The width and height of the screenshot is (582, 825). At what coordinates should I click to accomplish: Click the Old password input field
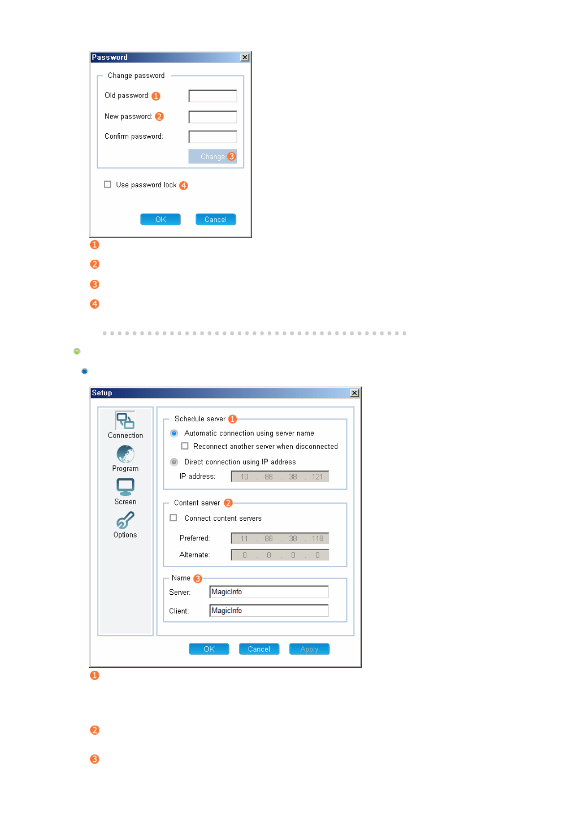coord(212,96)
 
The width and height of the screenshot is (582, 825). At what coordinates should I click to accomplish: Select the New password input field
coord(212,117)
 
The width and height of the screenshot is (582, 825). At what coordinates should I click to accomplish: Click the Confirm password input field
coord(212,137)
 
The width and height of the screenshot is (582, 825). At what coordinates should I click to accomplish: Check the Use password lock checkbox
coord(108,184)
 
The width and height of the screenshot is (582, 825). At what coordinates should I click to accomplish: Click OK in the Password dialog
coord(161,219)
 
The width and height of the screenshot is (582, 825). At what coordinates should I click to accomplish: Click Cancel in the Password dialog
coord(215,219)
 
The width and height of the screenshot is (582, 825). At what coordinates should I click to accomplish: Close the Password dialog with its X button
coord(245,57)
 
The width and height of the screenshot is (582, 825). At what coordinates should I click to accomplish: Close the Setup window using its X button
coord(354,393)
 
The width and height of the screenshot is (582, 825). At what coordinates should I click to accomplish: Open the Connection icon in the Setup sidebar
coord(125,421)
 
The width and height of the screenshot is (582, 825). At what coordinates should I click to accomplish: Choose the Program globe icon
coord(125,454)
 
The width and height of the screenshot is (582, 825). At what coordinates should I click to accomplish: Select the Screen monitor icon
coord(125,487)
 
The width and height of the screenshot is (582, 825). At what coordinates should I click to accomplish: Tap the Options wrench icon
coord(125,520)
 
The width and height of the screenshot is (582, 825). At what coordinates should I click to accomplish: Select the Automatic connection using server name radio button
coord(174,433)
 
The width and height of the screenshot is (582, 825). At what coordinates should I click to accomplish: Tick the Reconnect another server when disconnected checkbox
coord(185,446)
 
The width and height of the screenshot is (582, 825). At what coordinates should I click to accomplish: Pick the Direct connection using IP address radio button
coord(174,462)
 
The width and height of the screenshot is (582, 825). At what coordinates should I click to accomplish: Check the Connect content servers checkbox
coord(173,518)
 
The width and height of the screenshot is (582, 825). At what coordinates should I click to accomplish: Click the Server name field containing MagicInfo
coord(269,592)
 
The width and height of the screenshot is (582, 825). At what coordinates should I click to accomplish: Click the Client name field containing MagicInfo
coord(269,610)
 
